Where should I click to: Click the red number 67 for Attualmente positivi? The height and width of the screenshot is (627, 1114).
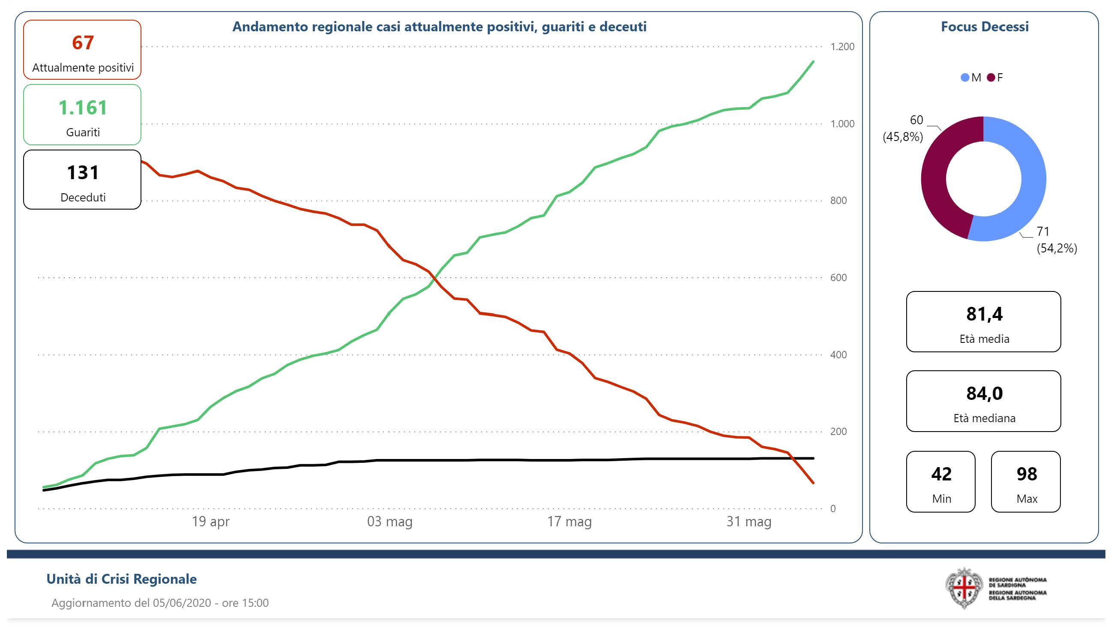83,43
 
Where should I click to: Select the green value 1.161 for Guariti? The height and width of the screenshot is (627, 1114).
83,108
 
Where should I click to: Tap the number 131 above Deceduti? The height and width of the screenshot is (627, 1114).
83,173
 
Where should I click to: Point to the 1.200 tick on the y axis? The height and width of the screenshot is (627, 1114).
842,47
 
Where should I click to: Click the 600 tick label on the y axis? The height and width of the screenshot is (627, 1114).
838,278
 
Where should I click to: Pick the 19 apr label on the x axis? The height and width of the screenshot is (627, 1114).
211,522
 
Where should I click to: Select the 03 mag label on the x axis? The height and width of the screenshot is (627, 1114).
389,522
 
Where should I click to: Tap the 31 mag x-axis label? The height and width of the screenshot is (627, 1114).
749,522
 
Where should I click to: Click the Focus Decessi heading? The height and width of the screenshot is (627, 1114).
984,27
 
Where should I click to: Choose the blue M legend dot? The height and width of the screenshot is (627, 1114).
964,78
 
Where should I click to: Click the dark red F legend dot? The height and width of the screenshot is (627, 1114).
991,78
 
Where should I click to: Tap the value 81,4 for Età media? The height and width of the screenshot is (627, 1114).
984,314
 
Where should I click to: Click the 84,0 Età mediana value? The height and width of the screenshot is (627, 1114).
984,394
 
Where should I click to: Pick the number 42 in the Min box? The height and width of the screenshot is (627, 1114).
941,474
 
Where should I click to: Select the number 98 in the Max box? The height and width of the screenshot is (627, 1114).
1026,474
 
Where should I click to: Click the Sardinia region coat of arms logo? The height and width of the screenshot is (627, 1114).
964,588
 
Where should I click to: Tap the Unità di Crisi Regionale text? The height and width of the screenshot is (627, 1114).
122,579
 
